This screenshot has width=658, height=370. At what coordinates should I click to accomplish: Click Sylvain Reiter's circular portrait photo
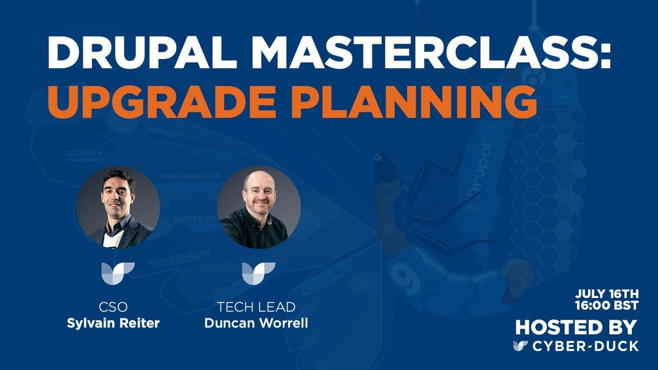pos(118,207)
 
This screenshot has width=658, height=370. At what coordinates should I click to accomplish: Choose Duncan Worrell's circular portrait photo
pos(259,207)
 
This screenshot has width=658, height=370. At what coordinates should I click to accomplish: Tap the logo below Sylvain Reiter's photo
pos(118,273)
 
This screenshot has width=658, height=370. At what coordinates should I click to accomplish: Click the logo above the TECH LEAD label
pos(259,273)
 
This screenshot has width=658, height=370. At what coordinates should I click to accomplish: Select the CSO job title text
pos(113,307)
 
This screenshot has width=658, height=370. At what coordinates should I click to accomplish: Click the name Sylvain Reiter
pos(113,324)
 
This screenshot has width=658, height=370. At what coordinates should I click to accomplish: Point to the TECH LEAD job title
pos(256,307)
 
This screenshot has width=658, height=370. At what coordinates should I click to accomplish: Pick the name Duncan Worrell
pos(256,324)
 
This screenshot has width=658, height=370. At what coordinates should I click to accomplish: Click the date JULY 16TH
pos(607,294)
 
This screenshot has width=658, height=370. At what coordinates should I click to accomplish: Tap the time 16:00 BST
pos(607,305)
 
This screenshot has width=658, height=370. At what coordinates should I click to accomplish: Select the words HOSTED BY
pos(576,327)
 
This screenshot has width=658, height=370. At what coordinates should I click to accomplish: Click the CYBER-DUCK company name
pos(586,346)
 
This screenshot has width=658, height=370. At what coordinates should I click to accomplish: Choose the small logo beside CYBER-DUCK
pos(520,346)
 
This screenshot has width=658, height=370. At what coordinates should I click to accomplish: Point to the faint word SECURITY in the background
pos(84,154)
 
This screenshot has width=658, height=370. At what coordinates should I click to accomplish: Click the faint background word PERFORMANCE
pos(190,176)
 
